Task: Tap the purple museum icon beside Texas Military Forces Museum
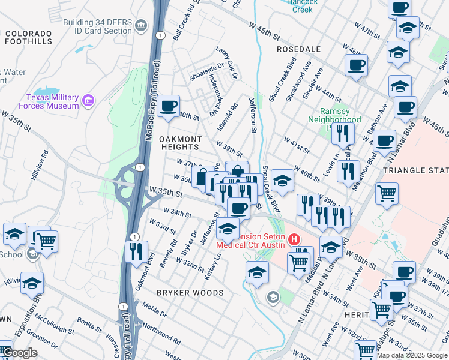(89, 99)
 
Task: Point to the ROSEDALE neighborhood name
(299, 49)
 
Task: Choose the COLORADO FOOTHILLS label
(31, 38)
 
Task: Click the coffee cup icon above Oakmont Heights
(169, 106)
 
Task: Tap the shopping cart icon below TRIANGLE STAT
(387, 193)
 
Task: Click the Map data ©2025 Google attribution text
(412, 355)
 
